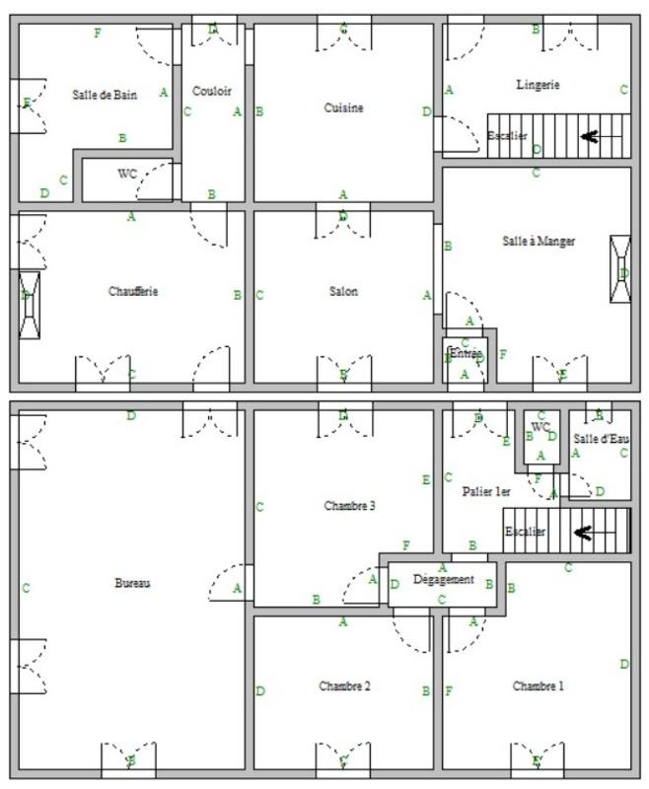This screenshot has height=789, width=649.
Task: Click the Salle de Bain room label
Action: click(104, 95)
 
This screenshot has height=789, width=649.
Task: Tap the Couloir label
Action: click(212, 91)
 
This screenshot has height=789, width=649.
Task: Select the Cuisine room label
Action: click(343, 108)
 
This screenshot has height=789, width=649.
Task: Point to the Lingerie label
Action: click(538, 85)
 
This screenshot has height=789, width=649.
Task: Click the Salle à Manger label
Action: click(539, 241)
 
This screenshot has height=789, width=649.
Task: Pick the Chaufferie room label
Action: click(133, 291)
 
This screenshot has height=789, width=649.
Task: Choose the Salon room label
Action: click(343, 291)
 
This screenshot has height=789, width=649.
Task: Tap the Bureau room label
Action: click(132, 583)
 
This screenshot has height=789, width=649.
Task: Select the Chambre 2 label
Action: click(343, 685)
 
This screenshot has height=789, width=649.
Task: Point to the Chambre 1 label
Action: click(538, 685)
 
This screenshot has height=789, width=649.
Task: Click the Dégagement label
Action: click(443, 580)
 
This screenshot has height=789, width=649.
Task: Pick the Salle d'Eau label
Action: click(601, 438)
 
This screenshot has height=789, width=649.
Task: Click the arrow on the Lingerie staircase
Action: click(590, 136)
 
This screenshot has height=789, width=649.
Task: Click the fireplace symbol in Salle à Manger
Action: click(620, 269)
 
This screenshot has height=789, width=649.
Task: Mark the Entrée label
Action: click(465, 353)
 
